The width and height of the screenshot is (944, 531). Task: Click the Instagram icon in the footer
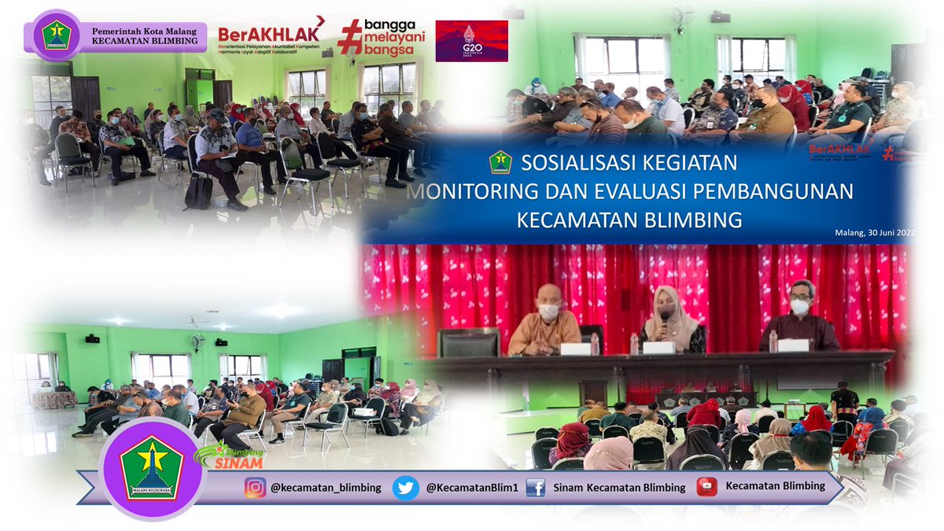tap(254, 488)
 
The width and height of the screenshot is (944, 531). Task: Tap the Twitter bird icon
tap(405, 488)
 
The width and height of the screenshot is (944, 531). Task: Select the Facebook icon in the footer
tap(536, 488)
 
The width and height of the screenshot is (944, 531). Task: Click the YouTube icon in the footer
tap(706, 487)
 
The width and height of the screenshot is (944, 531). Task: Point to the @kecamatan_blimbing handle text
tap(326, 488)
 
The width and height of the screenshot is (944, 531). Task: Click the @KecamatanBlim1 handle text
tap(472, 488)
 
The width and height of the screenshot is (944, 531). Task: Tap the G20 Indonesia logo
tap(471, 41)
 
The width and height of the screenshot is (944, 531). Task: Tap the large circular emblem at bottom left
tap(153, 469)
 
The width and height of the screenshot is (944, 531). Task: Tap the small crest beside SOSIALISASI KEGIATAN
tap(500, 163)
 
